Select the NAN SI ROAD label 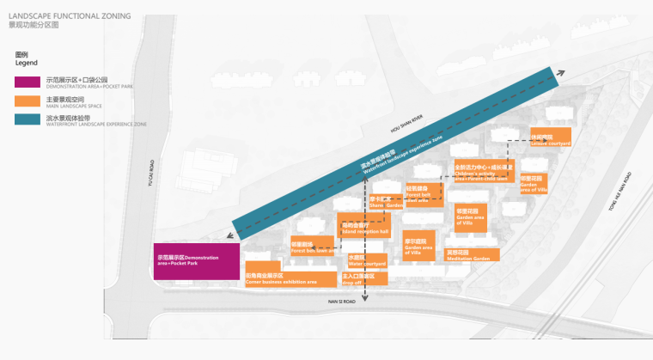pyautogui.click(x=340, y=302)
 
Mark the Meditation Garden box pyautogui.click(x=468, y=255)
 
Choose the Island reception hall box pyautogui.click(x=365, y=229)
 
